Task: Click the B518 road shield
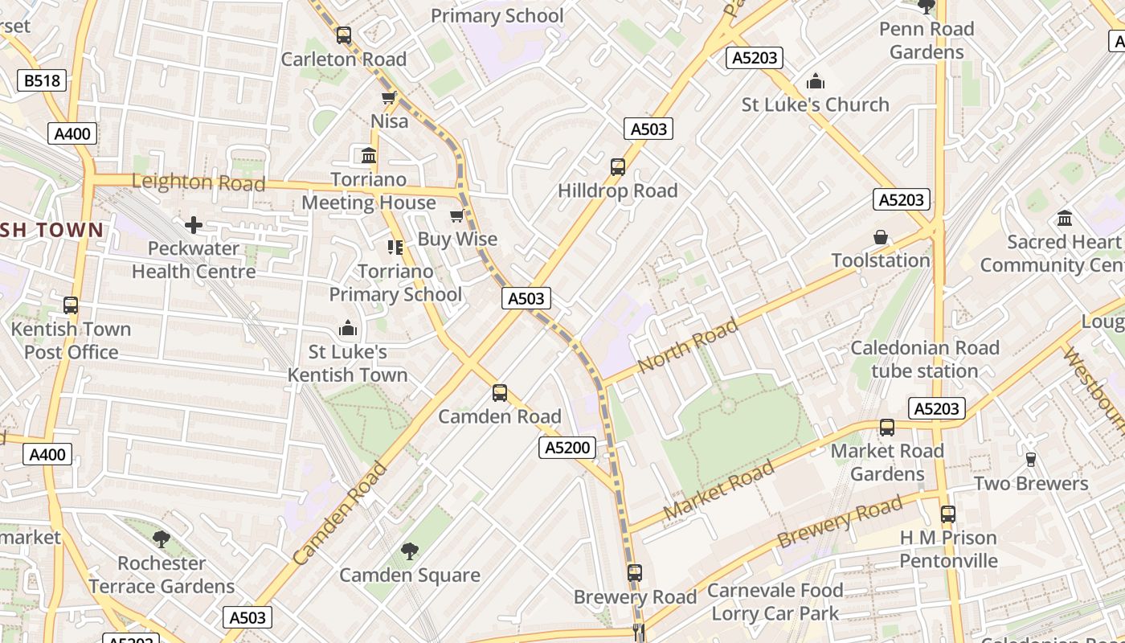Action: [x=41, y=80]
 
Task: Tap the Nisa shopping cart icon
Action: [x=389, y=98]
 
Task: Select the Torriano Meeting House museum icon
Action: [x=369, y=155]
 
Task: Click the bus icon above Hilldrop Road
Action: [x=617, y=167]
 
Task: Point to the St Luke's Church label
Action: [x=815, y=104]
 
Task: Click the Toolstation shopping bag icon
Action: [x=881, y=237]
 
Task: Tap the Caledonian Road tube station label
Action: [x=924, y=359]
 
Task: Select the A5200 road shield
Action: [x=567, y=448]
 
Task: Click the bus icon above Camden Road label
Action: [x=499, y=393]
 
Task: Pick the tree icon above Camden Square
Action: [x=410, y=551]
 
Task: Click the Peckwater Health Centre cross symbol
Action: [x=193, y=225]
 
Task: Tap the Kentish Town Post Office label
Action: [x=71, y=340]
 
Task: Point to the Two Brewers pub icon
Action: [x=1031, y=460]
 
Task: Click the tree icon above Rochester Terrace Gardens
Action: [x=162, y=539]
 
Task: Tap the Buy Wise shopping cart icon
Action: [x=456, y=215]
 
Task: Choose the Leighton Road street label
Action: [x=198, y=182]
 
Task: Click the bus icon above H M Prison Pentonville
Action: [x=948, y=514]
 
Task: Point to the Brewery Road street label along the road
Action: [x=840, y=522]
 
